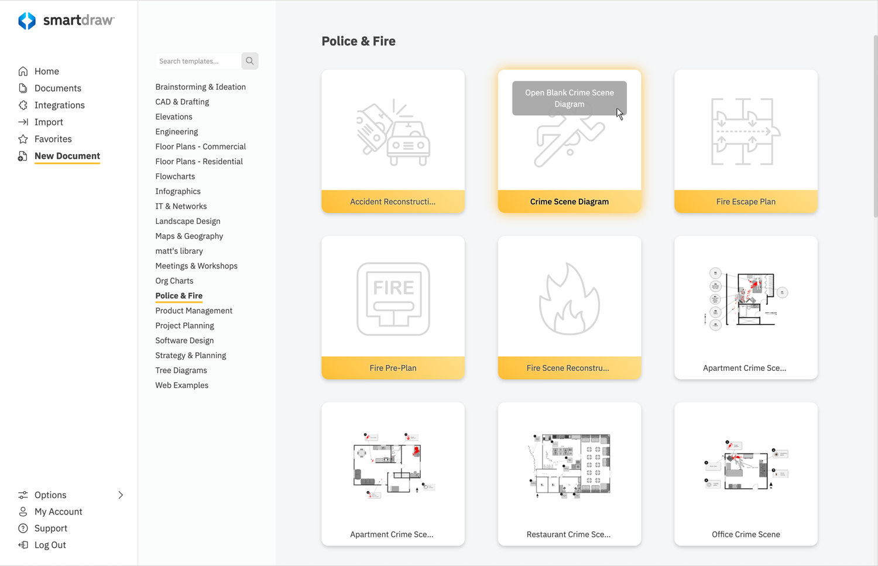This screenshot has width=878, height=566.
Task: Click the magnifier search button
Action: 250,61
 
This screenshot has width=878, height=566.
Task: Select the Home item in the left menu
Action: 46,71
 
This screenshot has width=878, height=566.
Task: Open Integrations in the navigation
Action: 59,105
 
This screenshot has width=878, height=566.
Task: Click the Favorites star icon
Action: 23,139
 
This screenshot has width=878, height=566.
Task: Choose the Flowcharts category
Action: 175,176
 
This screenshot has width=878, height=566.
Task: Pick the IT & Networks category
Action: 181,206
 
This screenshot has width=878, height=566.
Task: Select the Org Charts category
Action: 174,281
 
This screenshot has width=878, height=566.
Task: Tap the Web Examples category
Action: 181,386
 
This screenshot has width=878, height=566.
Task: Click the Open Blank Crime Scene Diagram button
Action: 569,98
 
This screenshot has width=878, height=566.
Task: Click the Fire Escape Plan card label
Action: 746,202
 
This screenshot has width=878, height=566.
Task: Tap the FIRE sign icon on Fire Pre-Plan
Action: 393,299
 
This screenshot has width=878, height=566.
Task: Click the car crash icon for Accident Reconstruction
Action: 393,132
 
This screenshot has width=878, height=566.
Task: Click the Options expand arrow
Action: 121,495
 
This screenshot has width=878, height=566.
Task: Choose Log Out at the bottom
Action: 50,545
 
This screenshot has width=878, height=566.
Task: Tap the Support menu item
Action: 50,529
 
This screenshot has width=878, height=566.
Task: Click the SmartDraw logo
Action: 66,21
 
